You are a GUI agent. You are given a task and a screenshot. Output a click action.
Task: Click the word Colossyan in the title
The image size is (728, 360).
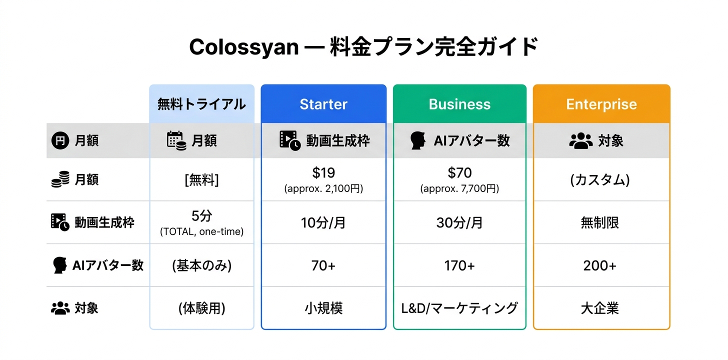[x=244, y=47]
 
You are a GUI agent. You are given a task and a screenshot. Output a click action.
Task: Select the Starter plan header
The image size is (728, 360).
[x=323, y=104]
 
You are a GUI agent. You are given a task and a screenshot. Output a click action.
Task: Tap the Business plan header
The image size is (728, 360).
[x=459, y=104]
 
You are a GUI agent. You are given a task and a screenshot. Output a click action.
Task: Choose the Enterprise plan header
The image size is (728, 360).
[x=601, y=104]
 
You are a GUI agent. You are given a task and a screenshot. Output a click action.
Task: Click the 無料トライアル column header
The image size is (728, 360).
[x=201, y=104]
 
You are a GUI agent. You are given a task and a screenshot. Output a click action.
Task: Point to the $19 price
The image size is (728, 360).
[x=323, y=172]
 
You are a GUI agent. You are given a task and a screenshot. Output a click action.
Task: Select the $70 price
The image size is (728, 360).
[x=459, y=172]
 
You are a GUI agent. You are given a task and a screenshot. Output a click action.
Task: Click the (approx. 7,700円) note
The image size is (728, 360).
[x=459, y=188]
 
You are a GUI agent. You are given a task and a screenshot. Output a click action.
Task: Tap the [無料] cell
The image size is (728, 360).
[x=201, y=179]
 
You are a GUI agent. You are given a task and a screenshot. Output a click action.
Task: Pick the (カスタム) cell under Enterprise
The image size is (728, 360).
[x=600, y=179]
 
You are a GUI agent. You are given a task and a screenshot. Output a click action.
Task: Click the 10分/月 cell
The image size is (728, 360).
[x=323, y=223]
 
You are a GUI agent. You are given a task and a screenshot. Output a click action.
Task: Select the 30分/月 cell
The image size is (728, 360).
[x=459, y=223]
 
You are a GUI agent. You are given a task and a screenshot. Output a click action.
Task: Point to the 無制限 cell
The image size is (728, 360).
[x=600, y=223]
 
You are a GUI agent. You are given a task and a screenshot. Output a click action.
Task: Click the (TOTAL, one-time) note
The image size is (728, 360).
[x=201, y=231]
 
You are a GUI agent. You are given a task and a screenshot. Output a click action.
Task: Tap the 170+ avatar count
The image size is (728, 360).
[x=459, y=266]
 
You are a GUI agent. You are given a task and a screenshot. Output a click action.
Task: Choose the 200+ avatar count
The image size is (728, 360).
[x=600, y=266]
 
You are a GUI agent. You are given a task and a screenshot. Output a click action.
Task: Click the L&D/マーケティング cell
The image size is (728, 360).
[x=459, y=308]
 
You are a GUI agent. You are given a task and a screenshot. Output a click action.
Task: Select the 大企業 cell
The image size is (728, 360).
[x=600, y=308]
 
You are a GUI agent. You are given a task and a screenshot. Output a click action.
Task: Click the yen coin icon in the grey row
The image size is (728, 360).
[x=60, y=140]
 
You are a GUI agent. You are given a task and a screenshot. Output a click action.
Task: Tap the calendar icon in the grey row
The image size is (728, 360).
[x=176, y=140]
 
